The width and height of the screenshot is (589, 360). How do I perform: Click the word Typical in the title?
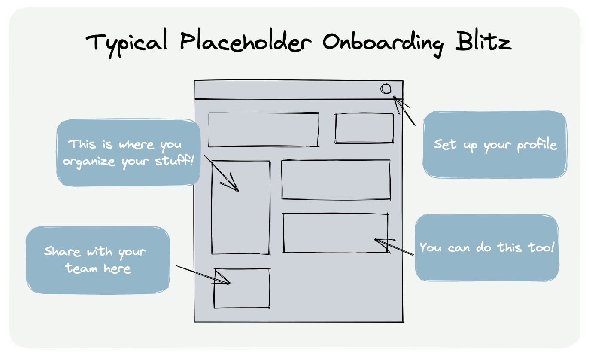(x=128, y=42)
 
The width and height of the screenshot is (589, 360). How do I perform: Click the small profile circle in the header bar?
(x=386, y=89)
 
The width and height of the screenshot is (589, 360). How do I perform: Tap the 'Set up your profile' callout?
(x=495, y=144)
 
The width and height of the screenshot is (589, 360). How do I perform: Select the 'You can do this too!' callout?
(x=487, y=248)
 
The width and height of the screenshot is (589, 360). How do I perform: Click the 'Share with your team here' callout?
(x=97, y=260)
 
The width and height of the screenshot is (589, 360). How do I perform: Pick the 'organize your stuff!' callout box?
(x=128, y=153)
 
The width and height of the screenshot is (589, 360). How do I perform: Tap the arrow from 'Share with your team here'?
(x=202, y=275)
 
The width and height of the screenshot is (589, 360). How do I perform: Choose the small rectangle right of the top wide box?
(x=364, y=128)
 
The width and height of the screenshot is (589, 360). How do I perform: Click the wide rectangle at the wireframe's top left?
(x=264, y=130)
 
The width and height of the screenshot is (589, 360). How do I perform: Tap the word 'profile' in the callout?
(x=537, y=145)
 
